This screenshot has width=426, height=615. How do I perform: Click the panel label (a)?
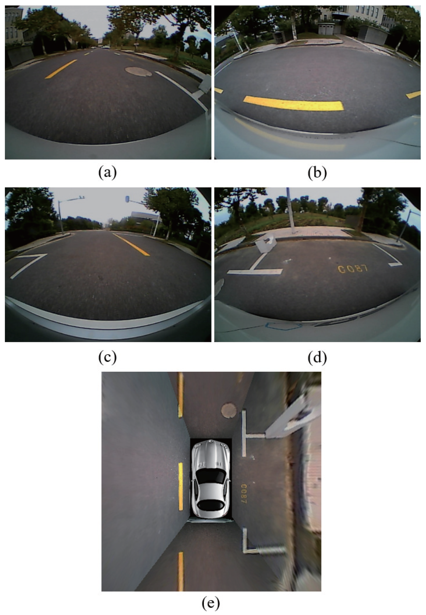pyautogui.click(x=108, y=173)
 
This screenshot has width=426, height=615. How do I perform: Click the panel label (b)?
pyautogui.click(x=317, y=173)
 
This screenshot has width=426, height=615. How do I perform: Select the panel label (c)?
pyautogui.click(x=108, y=358)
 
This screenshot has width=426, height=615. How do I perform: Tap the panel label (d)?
pyautogui.click(x=317, y=358)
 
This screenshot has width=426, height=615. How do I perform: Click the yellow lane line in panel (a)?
pyautogui.click(x=61, y=69)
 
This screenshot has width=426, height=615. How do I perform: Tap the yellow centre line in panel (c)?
pyautogui.click(x=131, y=244)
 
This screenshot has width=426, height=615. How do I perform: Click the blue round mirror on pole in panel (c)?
pyautogui.click(x=127, y=199)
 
